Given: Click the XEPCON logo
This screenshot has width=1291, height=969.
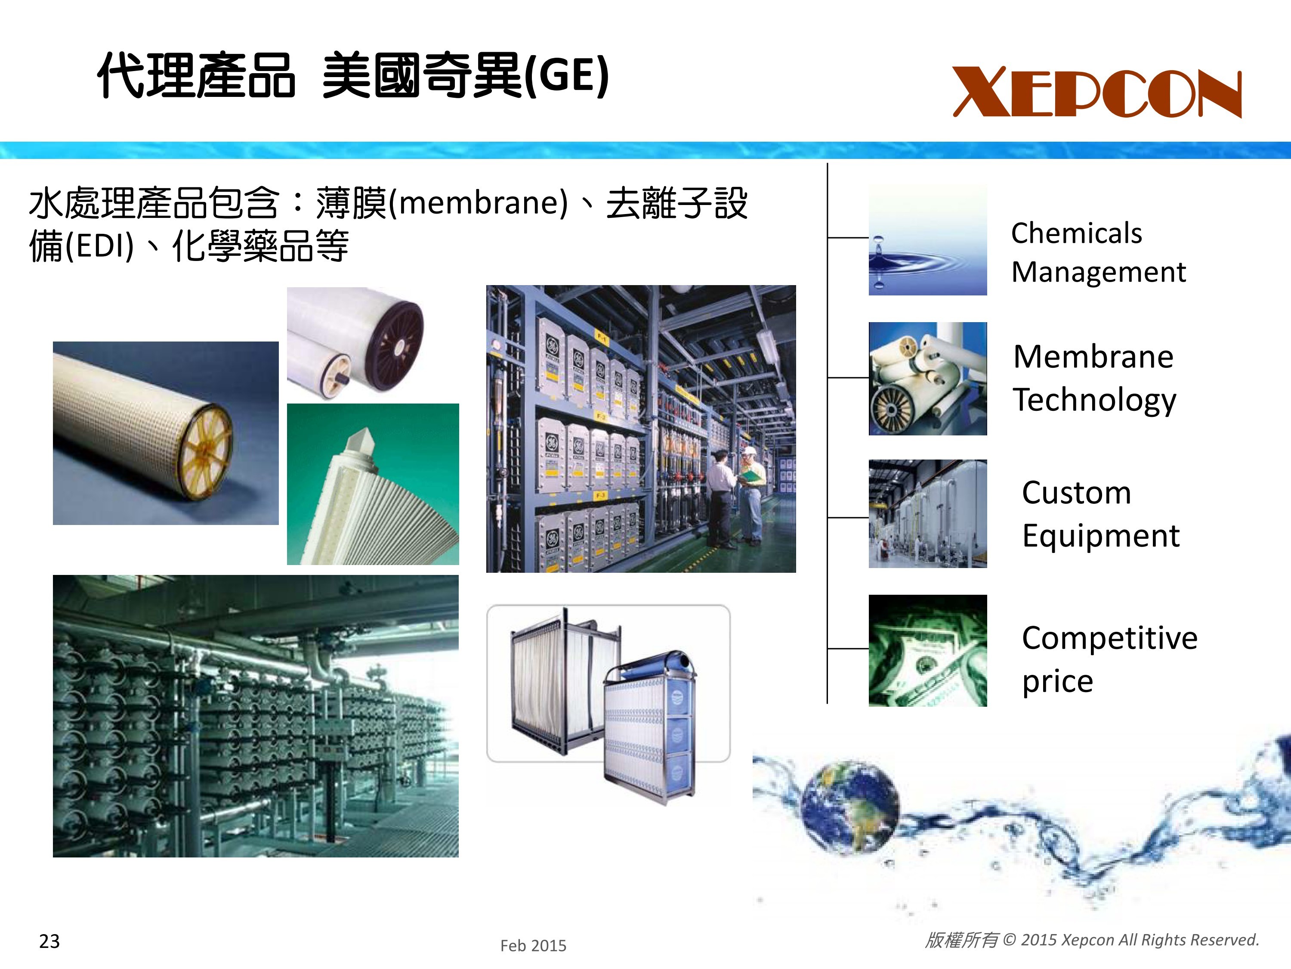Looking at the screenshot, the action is coord(1097,92).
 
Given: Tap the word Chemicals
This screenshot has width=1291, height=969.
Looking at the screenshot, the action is coord(1076,233).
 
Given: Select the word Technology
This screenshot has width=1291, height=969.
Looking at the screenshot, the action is coord(1094,401).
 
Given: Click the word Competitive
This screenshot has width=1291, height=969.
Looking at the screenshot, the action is coord(1109,638).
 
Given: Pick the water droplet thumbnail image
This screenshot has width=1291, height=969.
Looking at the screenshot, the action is coord(927,240).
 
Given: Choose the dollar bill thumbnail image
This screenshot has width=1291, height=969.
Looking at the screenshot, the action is coord(927,651).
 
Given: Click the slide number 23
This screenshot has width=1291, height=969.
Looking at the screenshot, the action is coord(49,941).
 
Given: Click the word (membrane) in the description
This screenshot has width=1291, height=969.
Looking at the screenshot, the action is coord(477,203).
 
